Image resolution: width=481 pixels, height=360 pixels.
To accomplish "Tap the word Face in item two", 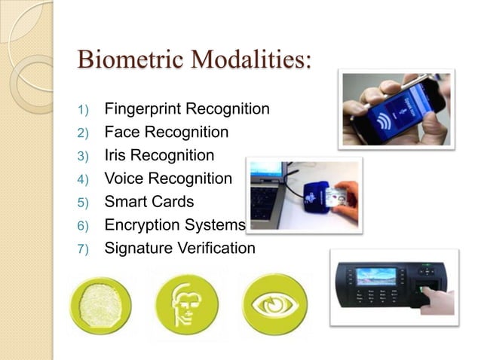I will click(120, 133).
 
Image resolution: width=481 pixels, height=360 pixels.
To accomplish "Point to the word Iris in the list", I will click(117, 156).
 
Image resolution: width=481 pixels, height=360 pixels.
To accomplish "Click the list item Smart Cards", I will click(149, 202).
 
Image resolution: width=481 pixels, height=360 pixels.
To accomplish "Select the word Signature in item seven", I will click(136, 248).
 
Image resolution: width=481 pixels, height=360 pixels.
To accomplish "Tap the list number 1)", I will click(83, 110).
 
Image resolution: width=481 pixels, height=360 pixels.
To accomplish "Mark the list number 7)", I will click(83, 249).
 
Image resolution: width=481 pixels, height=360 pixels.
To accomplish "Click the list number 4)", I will click(83, 180).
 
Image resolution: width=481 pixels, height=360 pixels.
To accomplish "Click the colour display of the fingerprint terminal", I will click(376, 276).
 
